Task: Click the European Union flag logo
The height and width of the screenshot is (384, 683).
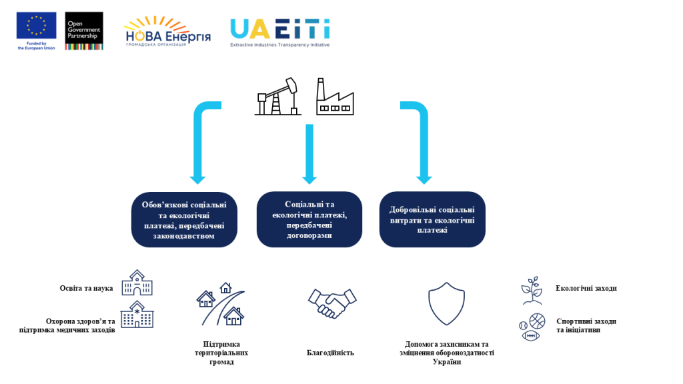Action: click(x=37, y=26)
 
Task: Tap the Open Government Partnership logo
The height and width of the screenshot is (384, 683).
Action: click(x=83, y=30)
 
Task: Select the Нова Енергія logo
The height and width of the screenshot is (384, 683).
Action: click(x=166, y=32)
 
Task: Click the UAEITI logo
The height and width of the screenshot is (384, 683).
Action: click(x=280, y=31)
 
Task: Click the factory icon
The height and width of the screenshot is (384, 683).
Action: click(x=334, y=97)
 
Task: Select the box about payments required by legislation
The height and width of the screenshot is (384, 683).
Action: click(x=184, y=220)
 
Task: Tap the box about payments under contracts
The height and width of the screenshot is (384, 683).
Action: click(x=309, y=219)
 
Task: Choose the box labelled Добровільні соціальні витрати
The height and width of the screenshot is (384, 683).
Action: click(x=432, y=219)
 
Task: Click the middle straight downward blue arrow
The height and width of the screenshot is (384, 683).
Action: click(x=309, y=153)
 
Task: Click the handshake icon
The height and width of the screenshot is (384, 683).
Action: click(x=332, y=303)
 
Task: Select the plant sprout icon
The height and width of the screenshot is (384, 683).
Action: click(x=532, y=291)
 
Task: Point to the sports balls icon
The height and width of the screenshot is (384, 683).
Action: click(x=532, y=327)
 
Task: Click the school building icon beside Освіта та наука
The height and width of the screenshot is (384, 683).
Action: click(x=137, y=283)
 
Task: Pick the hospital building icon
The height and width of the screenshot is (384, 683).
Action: click(x=137, y=315)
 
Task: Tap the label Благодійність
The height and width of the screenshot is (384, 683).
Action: click(x=330, y=352)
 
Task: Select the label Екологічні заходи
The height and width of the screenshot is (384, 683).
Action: click(x=586, y=289)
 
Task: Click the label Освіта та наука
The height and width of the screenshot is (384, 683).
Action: click(x=86, y=289)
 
